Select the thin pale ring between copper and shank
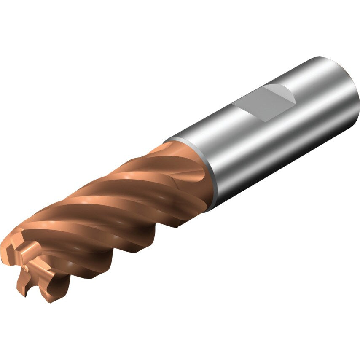198,169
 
